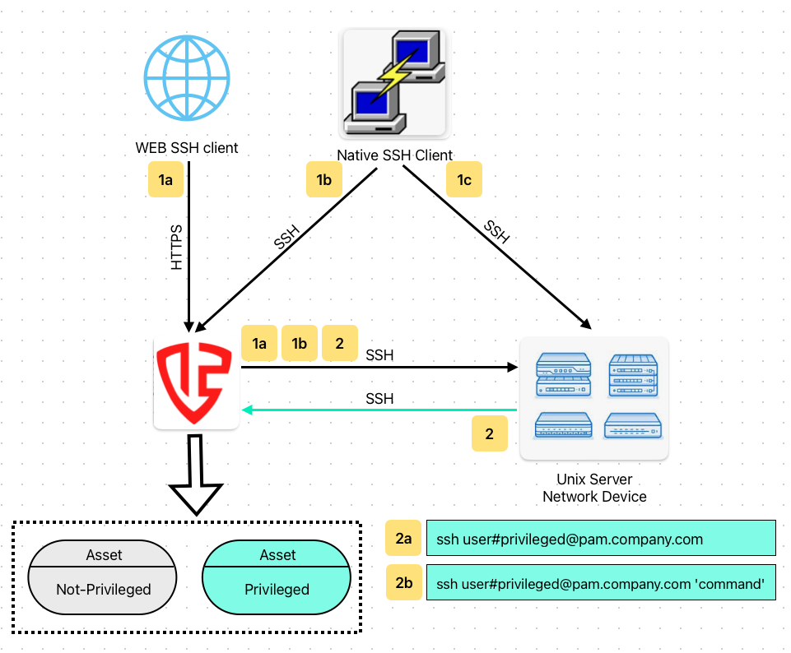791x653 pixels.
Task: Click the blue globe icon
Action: [187, 80]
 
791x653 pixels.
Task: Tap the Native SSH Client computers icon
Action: [393, 82]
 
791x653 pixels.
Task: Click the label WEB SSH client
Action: [187, 149]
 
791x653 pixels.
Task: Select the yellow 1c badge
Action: [464, 179]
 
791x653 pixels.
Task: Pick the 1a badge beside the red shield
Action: [259, 344]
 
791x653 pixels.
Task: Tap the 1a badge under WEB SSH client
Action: [165, 180]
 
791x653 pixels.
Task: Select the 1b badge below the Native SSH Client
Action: [323, 180]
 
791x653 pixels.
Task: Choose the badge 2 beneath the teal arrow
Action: [490, 433]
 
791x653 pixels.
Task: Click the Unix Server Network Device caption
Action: [594, 488]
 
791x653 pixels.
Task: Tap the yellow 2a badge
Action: [403, 540]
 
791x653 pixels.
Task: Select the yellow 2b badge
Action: [403, 583]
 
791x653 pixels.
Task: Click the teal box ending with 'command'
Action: [601, 583]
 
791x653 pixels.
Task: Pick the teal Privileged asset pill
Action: [277, 580]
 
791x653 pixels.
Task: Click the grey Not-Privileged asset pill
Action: [103, 580]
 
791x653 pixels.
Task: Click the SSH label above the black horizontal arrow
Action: [379, 355]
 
